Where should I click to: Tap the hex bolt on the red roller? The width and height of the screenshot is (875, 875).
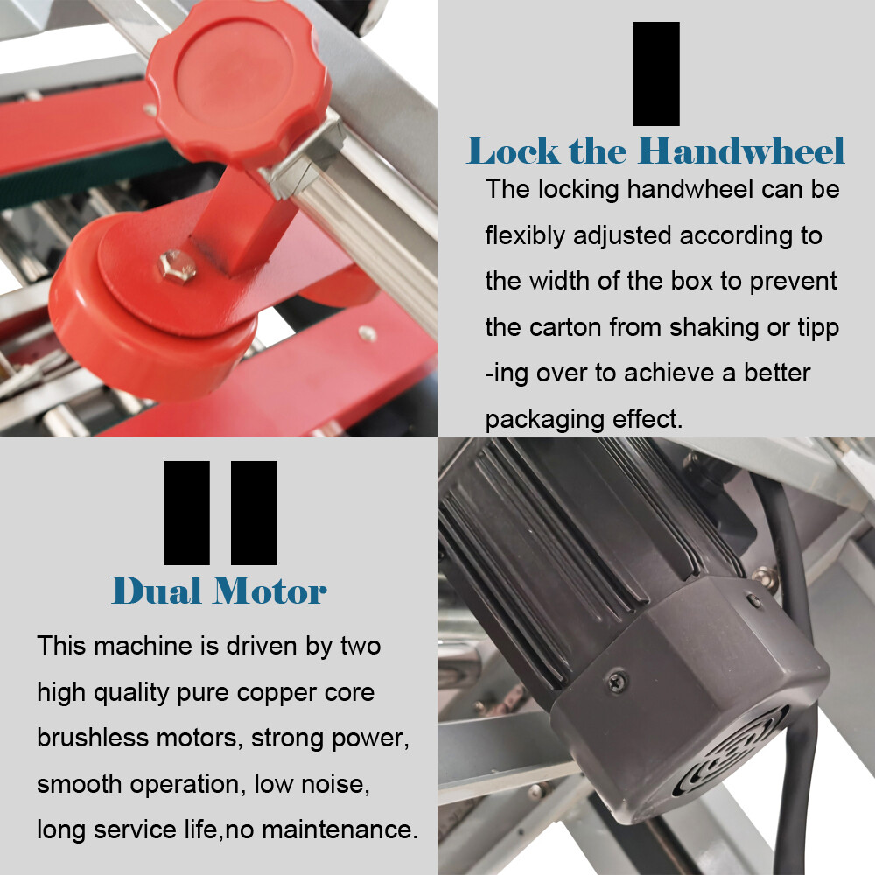[x=178, y=266]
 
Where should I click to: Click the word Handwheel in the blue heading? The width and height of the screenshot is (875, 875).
[x=741, y=150]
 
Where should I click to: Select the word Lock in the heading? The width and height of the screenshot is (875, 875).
[x=512, y=150]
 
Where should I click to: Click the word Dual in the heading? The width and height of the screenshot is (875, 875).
[x=157, y=591]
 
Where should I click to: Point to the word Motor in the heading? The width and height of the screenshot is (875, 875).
[x=270, y=591]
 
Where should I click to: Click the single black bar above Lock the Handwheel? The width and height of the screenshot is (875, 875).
[x=656, y=73]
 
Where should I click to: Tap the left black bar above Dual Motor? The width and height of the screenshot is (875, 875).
[x=186, y=513]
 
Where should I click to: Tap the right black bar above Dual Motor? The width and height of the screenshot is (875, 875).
[x=254, y=513]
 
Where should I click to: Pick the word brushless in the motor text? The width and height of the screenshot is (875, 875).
[x=93, y=738]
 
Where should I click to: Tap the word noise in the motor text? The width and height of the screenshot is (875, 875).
[x=335, y=784]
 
